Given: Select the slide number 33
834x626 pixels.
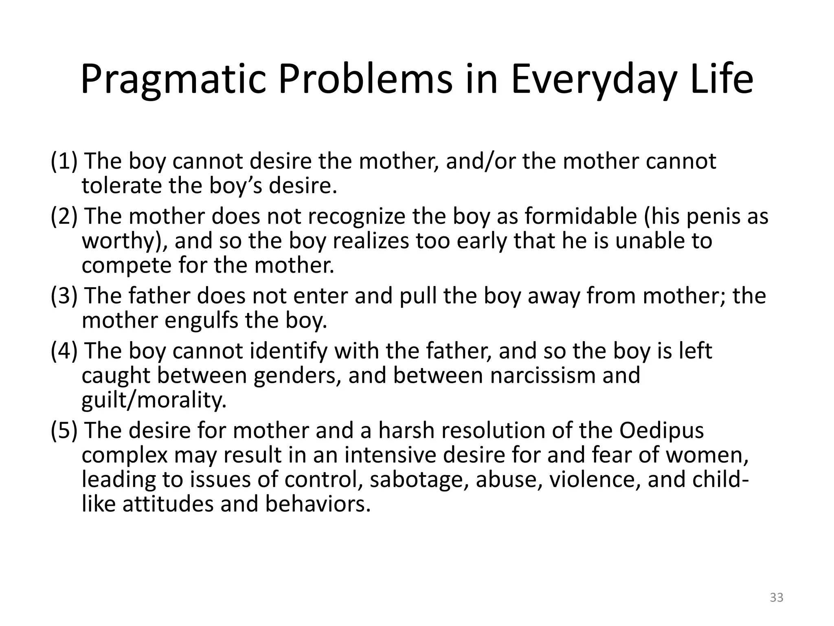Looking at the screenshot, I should click(x=777, y=597).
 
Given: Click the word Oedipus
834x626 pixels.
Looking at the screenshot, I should click(x=662, y=431).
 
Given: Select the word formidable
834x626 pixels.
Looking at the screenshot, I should click(x=581, y=216).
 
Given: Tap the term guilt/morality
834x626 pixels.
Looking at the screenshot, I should click(x=154, y=400).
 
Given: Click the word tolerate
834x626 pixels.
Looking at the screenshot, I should click(x=122, y=186).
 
